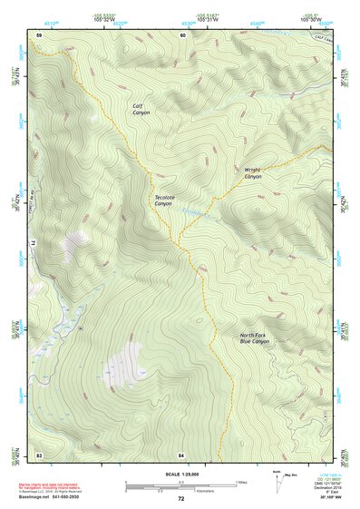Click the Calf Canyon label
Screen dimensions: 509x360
tap(141, 110)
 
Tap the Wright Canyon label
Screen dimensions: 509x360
tap(253, 172)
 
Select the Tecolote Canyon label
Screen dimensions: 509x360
tap(163, 201)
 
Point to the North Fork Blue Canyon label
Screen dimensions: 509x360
tap(255, 338)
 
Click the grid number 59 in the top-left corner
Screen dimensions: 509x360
tap(39, 35)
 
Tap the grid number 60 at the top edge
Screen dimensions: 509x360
tap(182, 35)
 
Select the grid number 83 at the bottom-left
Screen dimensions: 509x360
tap(39, 452)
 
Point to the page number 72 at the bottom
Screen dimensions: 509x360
tap(180, 499)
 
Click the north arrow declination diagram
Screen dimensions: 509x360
tap(277, 478)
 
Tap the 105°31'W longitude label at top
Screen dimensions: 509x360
tap(208, 18)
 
